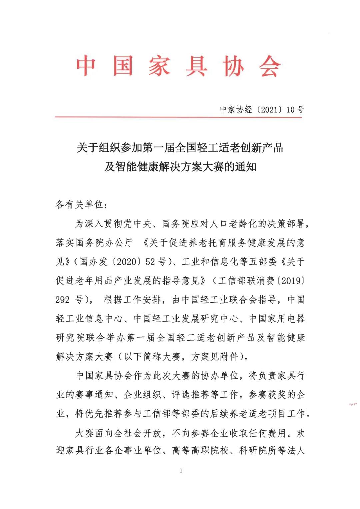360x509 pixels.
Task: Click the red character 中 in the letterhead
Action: click(x=86, y=66)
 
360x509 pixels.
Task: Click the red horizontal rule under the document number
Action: click(x=179, y=117)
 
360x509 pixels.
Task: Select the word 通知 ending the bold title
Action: click(x=246, y=166)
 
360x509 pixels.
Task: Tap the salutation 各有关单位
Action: click(x=79, y=204)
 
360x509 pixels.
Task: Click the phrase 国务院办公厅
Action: click(x=104, y=242)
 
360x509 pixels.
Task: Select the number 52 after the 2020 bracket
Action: click(x=150, y=262)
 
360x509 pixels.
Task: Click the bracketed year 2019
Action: click(x=291, y=281)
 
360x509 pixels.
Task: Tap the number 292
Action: click(x=63, y=300)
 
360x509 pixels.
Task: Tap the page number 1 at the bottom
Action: click(x=181, y=471)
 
